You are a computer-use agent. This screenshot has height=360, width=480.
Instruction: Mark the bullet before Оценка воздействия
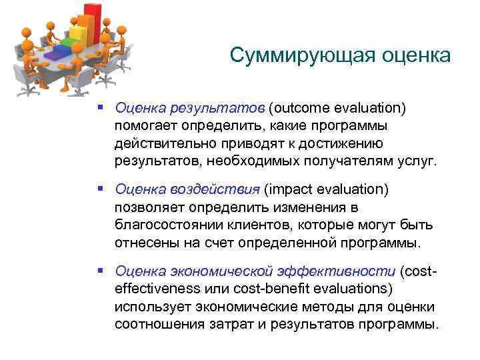click(x=99, y=190)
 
